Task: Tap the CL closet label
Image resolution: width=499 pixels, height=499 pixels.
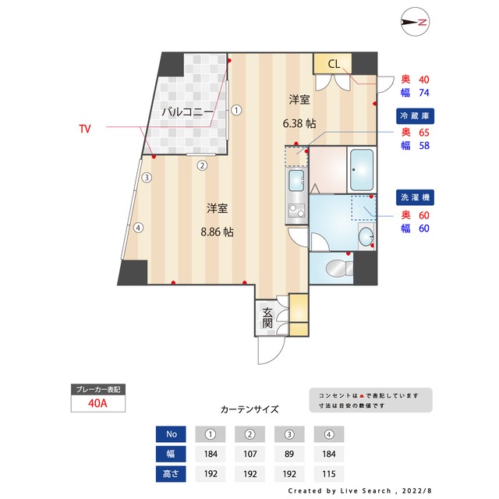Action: (333, 63)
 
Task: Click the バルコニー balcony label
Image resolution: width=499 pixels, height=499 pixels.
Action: (188, 112)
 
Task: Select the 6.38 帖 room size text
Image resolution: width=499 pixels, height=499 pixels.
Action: (299, 123)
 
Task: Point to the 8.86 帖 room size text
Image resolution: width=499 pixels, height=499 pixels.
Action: (218, 232)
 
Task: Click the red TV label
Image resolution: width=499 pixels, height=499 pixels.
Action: (84, 127)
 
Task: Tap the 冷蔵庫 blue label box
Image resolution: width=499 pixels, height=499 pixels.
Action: (413, 116)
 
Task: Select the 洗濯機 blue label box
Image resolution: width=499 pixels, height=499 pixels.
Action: (413, 196)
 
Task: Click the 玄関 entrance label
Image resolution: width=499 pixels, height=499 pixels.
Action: (267, 316)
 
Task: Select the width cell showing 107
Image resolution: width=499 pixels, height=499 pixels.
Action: (250, 453)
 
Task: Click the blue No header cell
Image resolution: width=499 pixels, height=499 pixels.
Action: (172, 434)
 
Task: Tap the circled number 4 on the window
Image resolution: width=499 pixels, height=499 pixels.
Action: (137, 228)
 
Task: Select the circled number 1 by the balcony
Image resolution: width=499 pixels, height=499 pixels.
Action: (236, 111)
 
